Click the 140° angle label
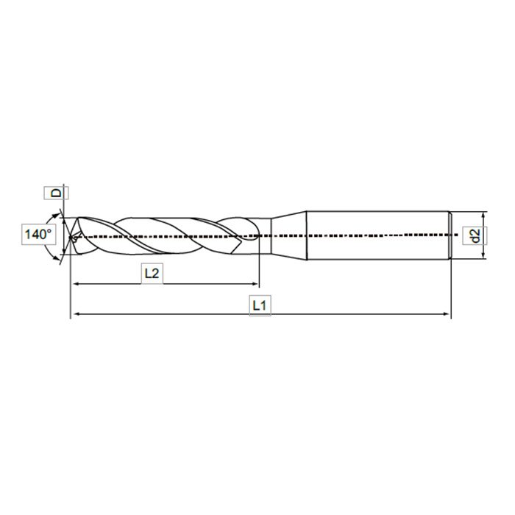click(x=38, y=235)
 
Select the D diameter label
click(x=57, y=193)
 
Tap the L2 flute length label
click(x=152, y=274)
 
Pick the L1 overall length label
click(x=260, y=305)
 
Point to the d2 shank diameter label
click(x=475, y=235)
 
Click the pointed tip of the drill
click(x=71, y=237)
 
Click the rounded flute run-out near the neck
click(x=246, y=228)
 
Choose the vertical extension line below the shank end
click(x=450, y=291)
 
